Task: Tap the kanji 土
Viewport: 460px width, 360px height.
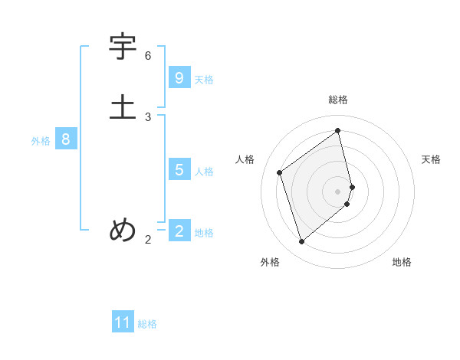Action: click(123, 106)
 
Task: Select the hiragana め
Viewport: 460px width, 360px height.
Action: click(123, 230)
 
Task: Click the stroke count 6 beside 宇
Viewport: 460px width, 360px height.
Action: click(148, 56)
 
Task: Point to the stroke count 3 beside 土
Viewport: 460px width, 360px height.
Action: click(148, 116)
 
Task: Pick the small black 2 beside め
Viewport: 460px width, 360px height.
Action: click(148, 240)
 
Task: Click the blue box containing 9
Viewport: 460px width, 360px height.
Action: click(179, 77)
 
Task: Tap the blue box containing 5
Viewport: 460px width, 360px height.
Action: click(179, 169)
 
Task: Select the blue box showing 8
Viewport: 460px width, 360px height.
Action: click(66, 139)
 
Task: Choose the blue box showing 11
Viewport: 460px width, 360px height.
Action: click(123, 322)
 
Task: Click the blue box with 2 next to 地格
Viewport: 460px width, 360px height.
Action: click(179, 231)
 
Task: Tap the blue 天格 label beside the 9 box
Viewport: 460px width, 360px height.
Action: click(204, 80)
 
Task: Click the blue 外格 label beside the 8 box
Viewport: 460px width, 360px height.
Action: click(41, 141)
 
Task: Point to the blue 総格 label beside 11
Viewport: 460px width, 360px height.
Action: click(147, 324)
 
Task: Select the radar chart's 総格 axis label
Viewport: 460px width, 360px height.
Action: click(338, 100)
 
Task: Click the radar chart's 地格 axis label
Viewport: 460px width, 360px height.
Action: click(402, 262)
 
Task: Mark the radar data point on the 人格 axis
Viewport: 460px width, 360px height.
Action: click(280, 172)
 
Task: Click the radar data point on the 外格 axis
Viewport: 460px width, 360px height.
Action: click(301, 242)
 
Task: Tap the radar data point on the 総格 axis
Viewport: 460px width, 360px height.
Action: click(338, 130)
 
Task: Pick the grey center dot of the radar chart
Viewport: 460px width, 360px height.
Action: click(338, 191)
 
